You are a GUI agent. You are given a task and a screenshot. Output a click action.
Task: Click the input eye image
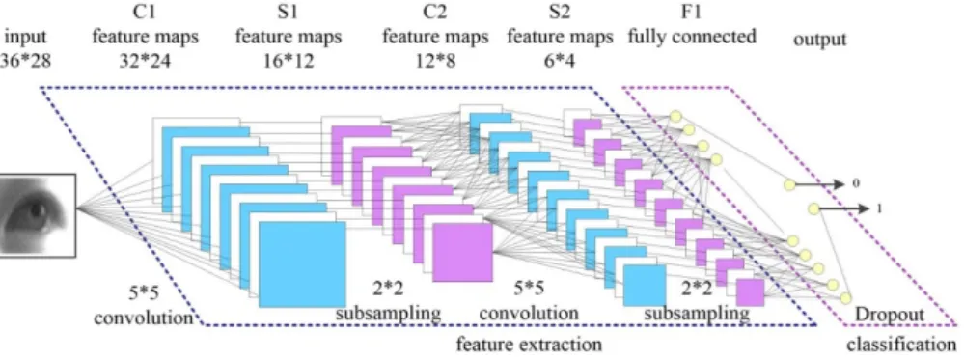[x=38, y=215]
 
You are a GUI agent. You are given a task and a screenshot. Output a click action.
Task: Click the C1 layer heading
[x=145, y=14]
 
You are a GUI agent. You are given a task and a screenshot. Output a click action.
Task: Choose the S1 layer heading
[x=288, y=14]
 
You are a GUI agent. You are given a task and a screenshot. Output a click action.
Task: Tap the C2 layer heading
[x=434, y=14]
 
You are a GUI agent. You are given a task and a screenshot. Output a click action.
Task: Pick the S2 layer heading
[x=559, y=14]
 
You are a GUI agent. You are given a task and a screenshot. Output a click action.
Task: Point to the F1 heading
[x=691, y=14]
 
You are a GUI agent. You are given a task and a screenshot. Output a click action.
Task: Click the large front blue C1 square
[x=302, y=264]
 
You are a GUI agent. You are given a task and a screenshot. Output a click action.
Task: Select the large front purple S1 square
[x=463, y=252]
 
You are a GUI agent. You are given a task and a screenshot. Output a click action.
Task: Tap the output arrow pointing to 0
[x=822, y=184]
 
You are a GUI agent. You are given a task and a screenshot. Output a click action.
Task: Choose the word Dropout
[x=890, y=315]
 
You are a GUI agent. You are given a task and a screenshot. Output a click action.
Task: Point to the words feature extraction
[x=528, y=344]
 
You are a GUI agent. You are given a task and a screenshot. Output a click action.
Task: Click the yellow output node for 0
[x=789, y=184]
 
